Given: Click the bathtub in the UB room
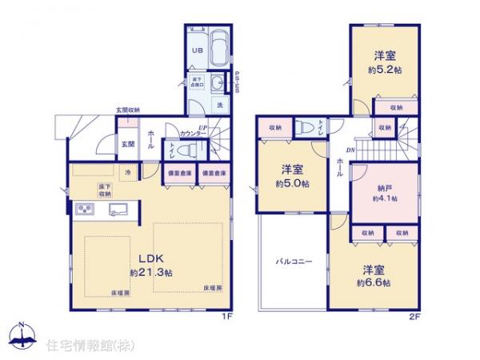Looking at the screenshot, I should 218,45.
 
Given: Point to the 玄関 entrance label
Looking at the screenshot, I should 127,144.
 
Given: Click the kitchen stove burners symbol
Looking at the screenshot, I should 85,210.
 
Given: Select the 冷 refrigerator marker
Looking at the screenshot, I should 126,171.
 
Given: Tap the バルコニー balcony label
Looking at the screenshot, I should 294,262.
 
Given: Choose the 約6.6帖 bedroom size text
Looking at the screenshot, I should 373,282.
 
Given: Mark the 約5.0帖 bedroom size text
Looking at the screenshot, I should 291,182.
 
